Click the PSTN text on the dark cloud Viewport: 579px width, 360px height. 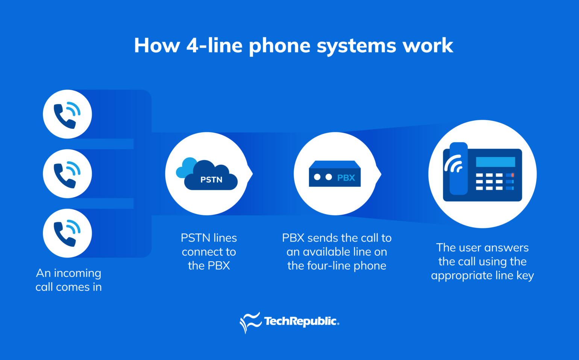pyautogui.click(x=211, y=180)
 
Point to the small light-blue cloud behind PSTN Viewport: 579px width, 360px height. pyautogui.click(x=184, y=168)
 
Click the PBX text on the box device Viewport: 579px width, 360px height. pyautogui.click(x=346, y=178)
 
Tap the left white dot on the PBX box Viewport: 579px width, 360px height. pyautogui.click(x=317, y=177)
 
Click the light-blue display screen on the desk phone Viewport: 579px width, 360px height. pyautogui.click(x=495, y=162)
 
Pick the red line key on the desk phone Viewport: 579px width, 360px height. pyautogui.click(x=512, y=175)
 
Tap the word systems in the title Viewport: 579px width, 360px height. pyautogui.click(x=356, y=46)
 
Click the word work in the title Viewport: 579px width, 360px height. pyautogui.click(x=427, y=46)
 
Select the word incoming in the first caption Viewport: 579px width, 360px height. pyautogui.click(x=77, y=273)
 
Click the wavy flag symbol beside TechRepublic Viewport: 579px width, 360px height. pyautogui.click(x=250, y=322)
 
